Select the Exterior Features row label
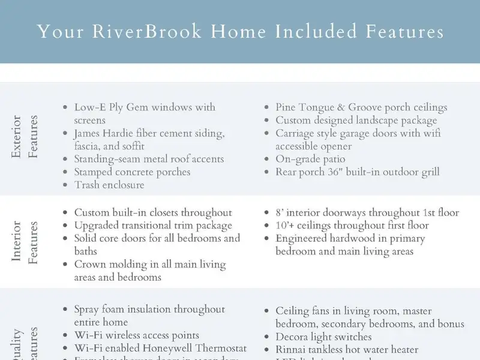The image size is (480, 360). [25, 137]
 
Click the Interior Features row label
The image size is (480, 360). [25, 242]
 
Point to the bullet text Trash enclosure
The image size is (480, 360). [109, 185]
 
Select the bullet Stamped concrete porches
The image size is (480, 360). [132, 172]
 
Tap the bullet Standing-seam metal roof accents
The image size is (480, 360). [149, 159]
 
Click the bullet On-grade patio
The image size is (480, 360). [310, 159]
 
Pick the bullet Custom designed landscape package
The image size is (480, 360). [356, 121]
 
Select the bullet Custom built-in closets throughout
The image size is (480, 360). [153, 212]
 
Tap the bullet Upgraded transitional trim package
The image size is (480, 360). [153, 226]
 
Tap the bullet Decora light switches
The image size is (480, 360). [323, 337]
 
